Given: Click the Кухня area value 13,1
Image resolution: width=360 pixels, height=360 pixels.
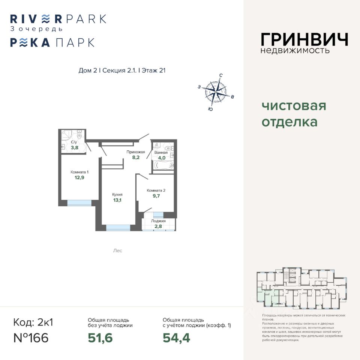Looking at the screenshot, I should pos(117,200).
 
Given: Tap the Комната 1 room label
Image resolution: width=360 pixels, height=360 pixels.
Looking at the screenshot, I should pos(79,172).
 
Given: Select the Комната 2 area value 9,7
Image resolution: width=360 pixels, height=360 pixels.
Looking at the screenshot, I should pos(156,196).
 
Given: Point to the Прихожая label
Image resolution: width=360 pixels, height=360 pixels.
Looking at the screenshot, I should pos(135,152).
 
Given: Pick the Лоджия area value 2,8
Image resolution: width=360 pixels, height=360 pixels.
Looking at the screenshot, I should pos(158,226).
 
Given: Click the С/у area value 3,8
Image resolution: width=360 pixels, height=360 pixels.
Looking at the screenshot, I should pos(74,147).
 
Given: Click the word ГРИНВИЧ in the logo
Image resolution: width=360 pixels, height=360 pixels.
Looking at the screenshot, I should pos(304,40).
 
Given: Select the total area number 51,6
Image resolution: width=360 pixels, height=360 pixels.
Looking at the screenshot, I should pos(100,338).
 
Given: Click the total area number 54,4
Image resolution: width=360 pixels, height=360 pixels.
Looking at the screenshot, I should pos(176,338).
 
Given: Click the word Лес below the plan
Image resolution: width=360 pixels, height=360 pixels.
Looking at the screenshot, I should pos(117,250).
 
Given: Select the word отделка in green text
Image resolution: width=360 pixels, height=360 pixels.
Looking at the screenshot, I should pos(289,122).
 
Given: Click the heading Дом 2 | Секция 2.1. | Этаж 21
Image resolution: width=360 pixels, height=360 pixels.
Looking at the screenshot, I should pos(122,70).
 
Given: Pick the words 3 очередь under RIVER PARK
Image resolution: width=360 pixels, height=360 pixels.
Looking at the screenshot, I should pos(36,28).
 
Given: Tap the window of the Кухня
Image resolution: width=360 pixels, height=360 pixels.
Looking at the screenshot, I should pos(118,227).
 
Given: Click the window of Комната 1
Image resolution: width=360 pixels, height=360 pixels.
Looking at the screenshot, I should pos(79,203).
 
